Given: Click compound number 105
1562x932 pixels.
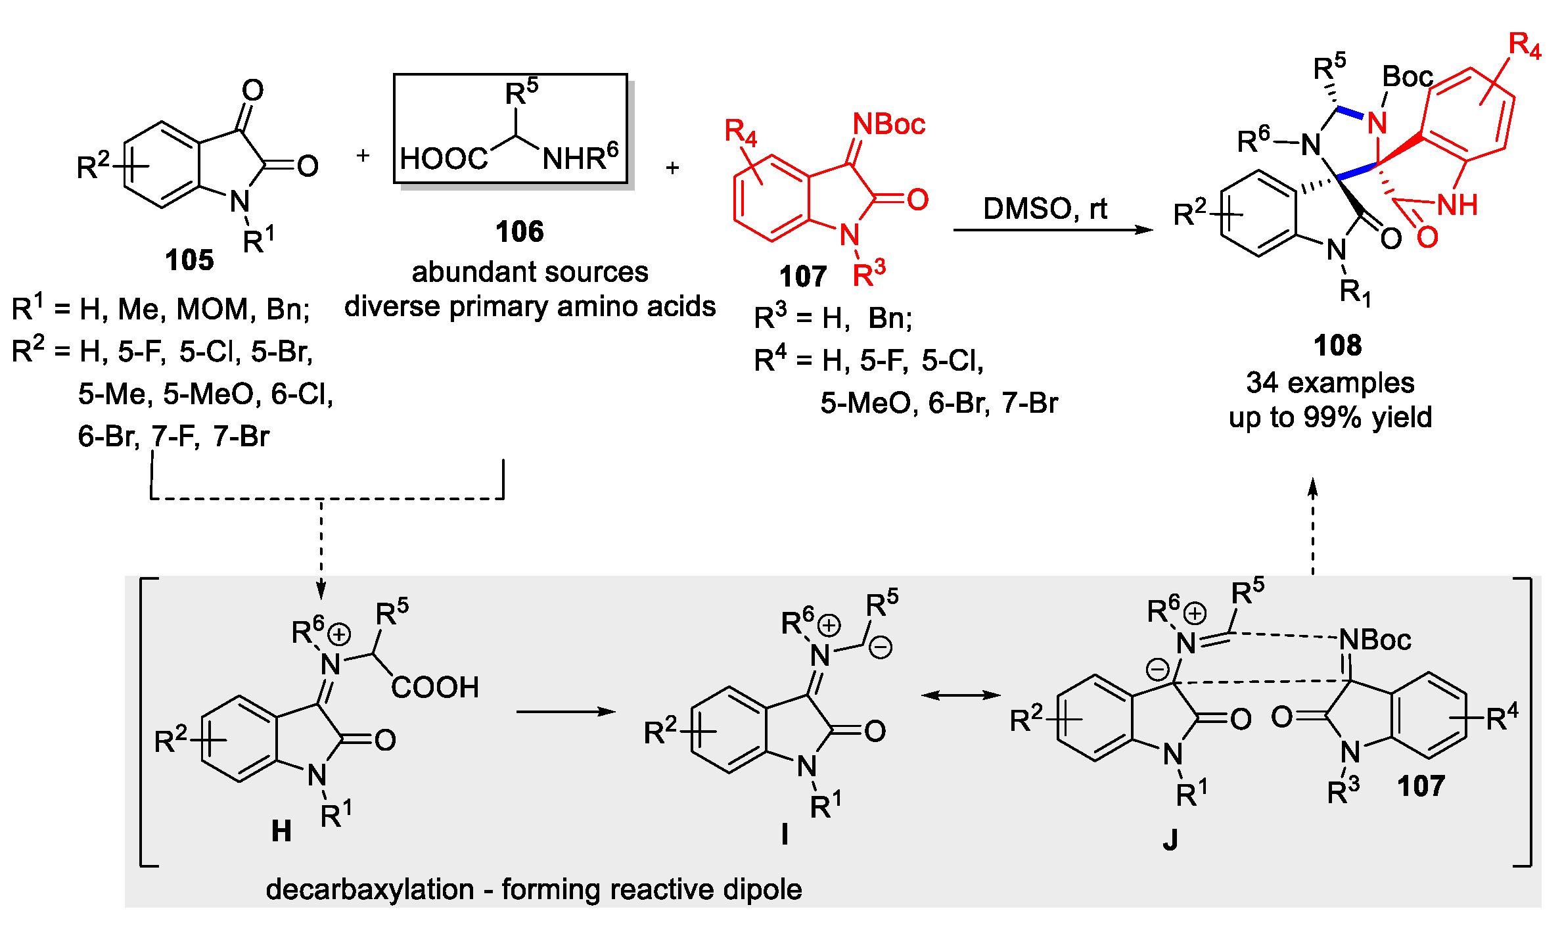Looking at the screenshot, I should (189, 260).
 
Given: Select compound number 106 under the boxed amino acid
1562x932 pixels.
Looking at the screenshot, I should (519, 232).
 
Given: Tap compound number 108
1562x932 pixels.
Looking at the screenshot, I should (1337, 346).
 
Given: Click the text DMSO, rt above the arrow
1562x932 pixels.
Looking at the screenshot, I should (1045, 209).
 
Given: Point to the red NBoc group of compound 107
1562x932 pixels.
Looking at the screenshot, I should (888, 124).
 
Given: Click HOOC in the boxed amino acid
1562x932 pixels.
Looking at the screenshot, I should (444, 159).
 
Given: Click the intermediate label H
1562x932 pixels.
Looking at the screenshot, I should (281, 831).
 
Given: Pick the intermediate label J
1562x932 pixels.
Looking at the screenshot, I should (1170, 840).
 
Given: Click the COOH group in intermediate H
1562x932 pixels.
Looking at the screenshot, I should (435, 687).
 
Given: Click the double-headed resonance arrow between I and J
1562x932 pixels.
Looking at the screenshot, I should (961, 695).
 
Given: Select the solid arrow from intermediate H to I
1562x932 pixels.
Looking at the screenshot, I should (566, 711).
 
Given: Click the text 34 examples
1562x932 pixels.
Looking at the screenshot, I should (1330, 383).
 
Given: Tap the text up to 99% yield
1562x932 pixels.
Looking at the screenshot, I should (1330, 417).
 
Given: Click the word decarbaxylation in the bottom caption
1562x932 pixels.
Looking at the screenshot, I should (370, 889).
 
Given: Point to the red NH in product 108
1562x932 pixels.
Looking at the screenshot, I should (1457, 205).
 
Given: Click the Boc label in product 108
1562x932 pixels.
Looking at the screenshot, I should (1407, 77).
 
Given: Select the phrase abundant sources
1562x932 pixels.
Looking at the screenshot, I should (530, 272).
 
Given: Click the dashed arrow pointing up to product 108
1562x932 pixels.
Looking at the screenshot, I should (1312, 526).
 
